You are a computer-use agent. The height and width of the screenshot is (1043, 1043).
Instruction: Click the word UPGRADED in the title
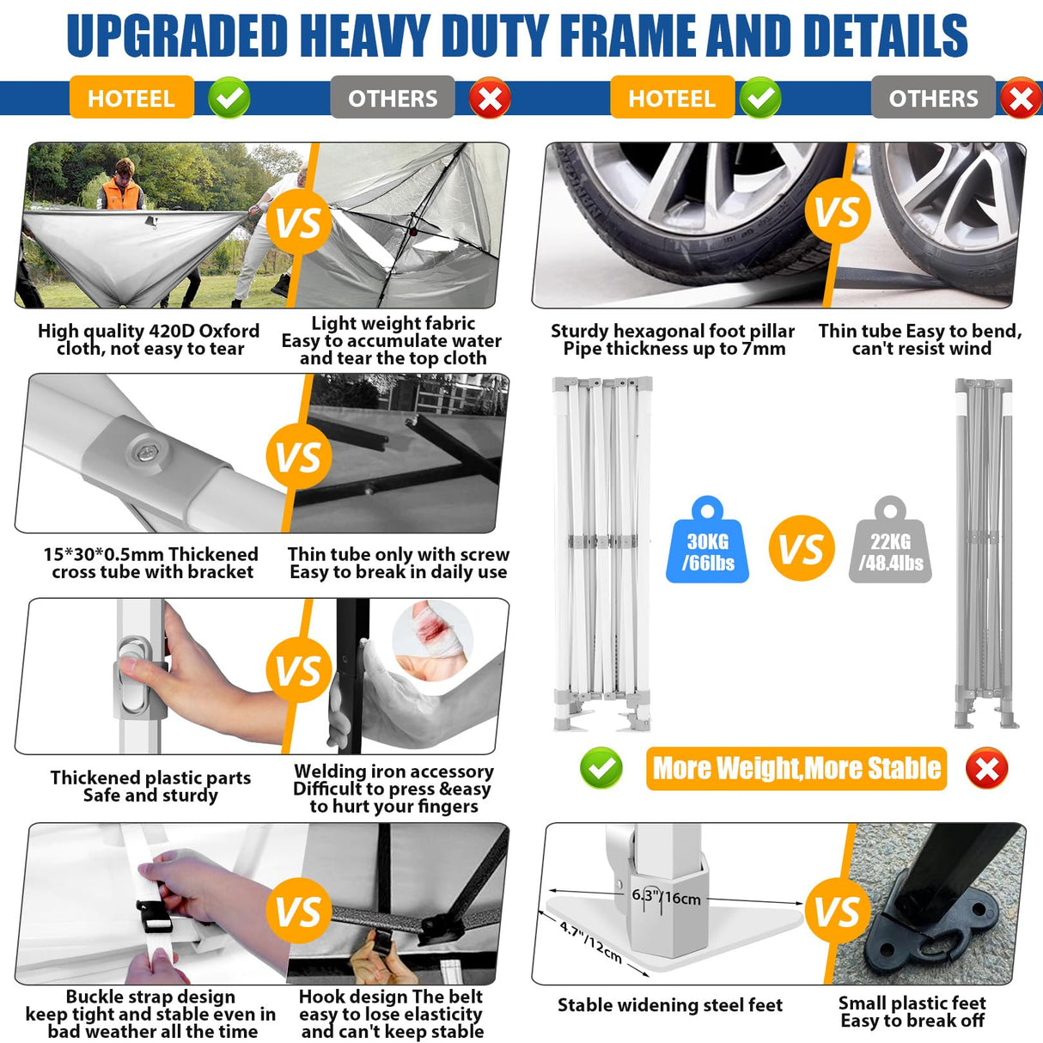(x=177, y=36)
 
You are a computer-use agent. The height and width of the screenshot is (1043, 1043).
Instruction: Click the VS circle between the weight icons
(x=801, y=548)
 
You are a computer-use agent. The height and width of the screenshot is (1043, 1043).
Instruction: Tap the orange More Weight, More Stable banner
(x=796, y=768)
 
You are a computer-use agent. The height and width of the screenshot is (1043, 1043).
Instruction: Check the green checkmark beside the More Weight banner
(x=601, y=768)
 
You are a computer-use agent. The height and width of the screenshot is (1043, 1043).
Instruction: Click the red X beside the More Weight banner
(x=986, y=768)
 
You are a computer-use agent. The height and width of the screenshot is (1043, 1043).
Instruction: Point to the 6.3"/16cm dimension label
(x=666, y=897)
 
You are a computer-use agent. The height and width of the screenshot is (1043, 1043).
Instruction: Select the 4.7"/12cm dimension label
(x=591, y=942)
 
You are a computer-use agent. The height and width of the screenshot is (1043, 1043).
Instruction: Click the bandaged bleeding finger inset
(x=431, y=640)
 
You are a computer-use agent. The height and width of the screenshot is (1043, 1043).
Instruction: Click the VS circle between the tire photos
(x=837, y=211)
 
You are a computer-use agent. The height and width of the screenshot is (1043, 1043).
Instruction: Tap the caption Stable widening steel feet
(x=669, y=1004)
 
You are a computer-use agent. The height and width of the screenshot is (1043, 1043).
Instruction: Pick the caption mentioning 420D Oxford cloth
(x=149, y=339)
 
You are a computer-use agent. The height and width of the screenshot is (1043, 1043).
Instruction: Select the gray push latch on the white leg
(x=134, y=673)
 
